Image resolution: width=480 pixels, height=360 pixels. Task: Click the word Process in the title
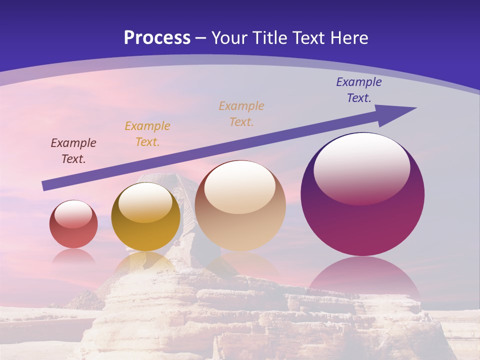coord(157,38)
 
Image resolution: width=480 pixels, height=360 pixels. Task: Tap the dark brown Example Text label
coord(73,151)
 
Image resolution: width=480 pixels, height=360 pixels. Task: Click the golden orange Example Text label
coord(147,134)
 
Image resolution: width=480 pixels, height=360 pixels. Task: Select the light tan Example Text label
coord(241,113)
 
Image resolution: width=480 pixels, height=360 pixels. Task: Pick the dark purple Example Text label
coord(359,90)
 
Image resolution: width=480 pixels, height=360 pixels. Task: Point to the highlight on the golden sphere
coord(145,202)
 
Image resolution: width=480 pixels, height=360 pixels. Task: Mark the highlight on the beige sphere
coord(240,187)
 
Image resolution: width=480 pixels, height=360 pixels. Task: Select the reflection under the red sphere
coord(73,256)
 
